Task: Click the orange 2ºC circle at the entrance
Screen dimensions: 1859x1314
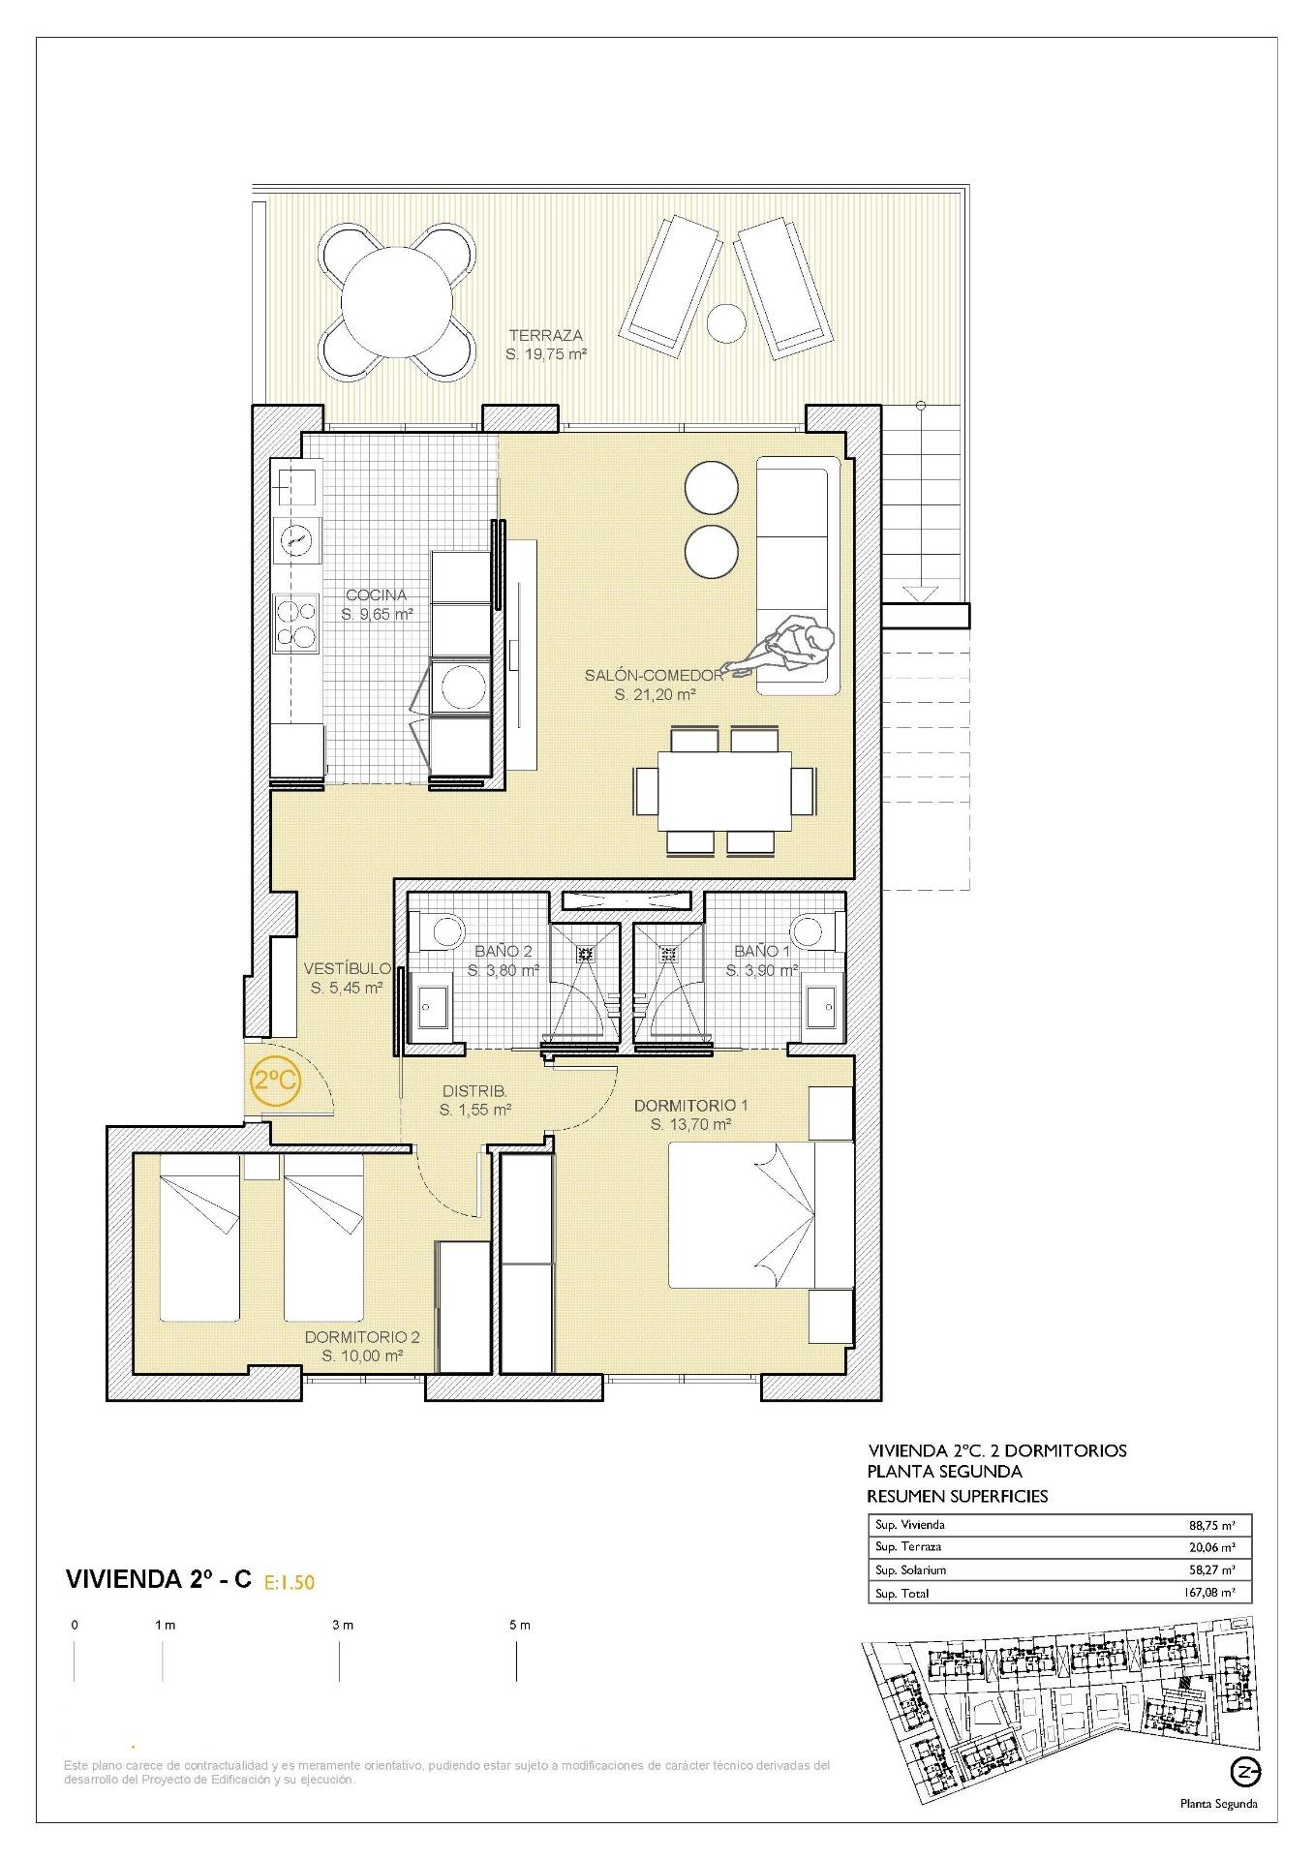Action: (x=275, y=1080)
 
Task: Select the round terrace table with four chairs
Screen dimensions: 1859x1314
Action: (x=397, y=303)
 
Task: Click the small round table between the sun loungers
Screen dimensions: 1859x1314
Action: (x=724, y=322)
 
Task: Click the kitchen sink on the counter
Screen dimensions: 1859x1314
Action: (x=295, y=485)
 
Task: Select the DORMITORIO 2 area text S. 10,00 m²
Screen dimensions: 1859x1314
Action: (x=362, y=1356)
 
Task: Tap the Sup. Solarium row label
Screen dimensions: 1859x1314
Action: (x=910, y=1569)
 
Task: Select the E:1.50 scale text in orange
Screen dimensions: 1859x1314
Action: (x=290, y=1583)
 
